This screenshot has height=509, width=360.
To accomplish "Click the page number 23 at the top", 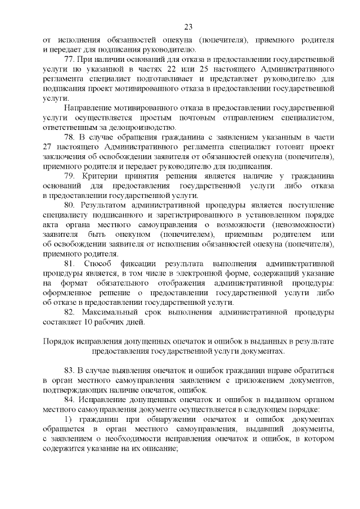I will [188, 27].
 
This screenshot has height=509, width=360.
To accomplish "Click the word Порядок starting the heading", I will [57, 341].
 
